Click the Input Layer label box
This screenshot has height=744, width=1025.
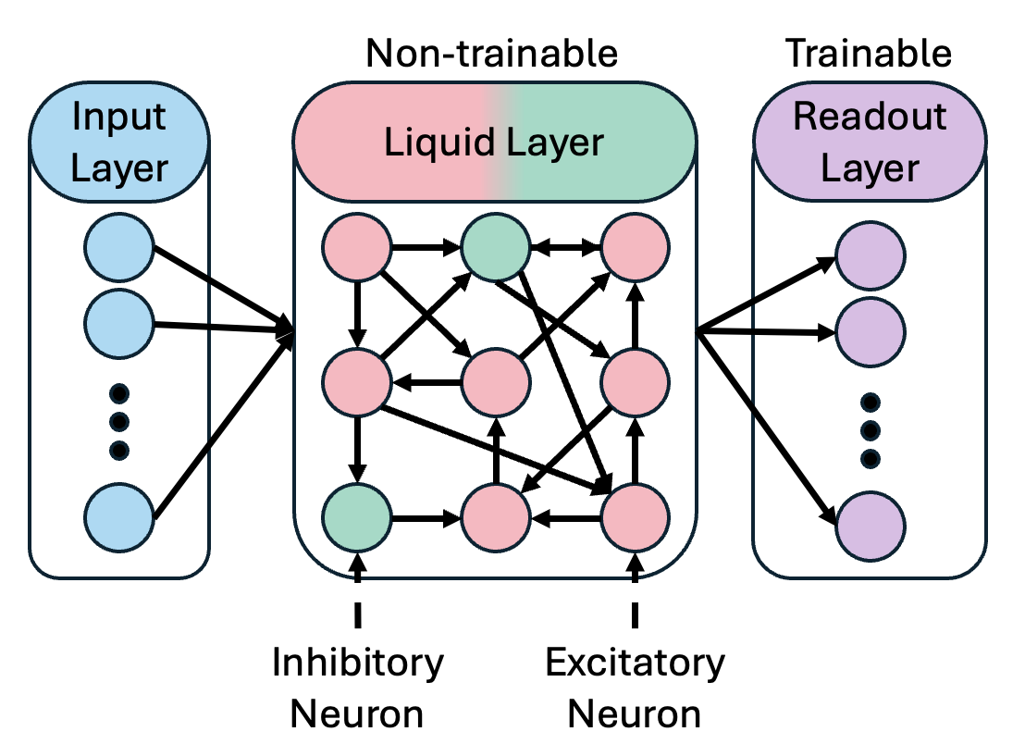[119, 143]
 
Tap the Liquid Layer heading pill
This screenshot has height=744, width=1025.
[494, 143]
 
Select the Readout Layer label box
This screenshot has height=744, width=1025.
[870, 143]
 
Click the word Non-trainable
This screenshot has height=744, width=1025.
[491, 53]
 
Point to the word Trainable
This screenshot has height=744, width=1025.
[868, 53]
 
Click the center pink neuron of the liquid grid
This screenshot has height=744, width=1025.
[496, 379]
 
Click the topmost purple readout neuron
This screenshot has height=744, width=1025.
[870, 254]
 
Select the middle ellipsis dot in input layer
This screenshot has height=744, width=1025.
[118, 421]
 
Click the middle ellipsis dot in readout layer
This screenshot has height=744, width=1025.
[870, 430]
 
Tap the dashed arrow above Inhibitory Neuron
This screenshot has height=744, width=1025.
[358, 583]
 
